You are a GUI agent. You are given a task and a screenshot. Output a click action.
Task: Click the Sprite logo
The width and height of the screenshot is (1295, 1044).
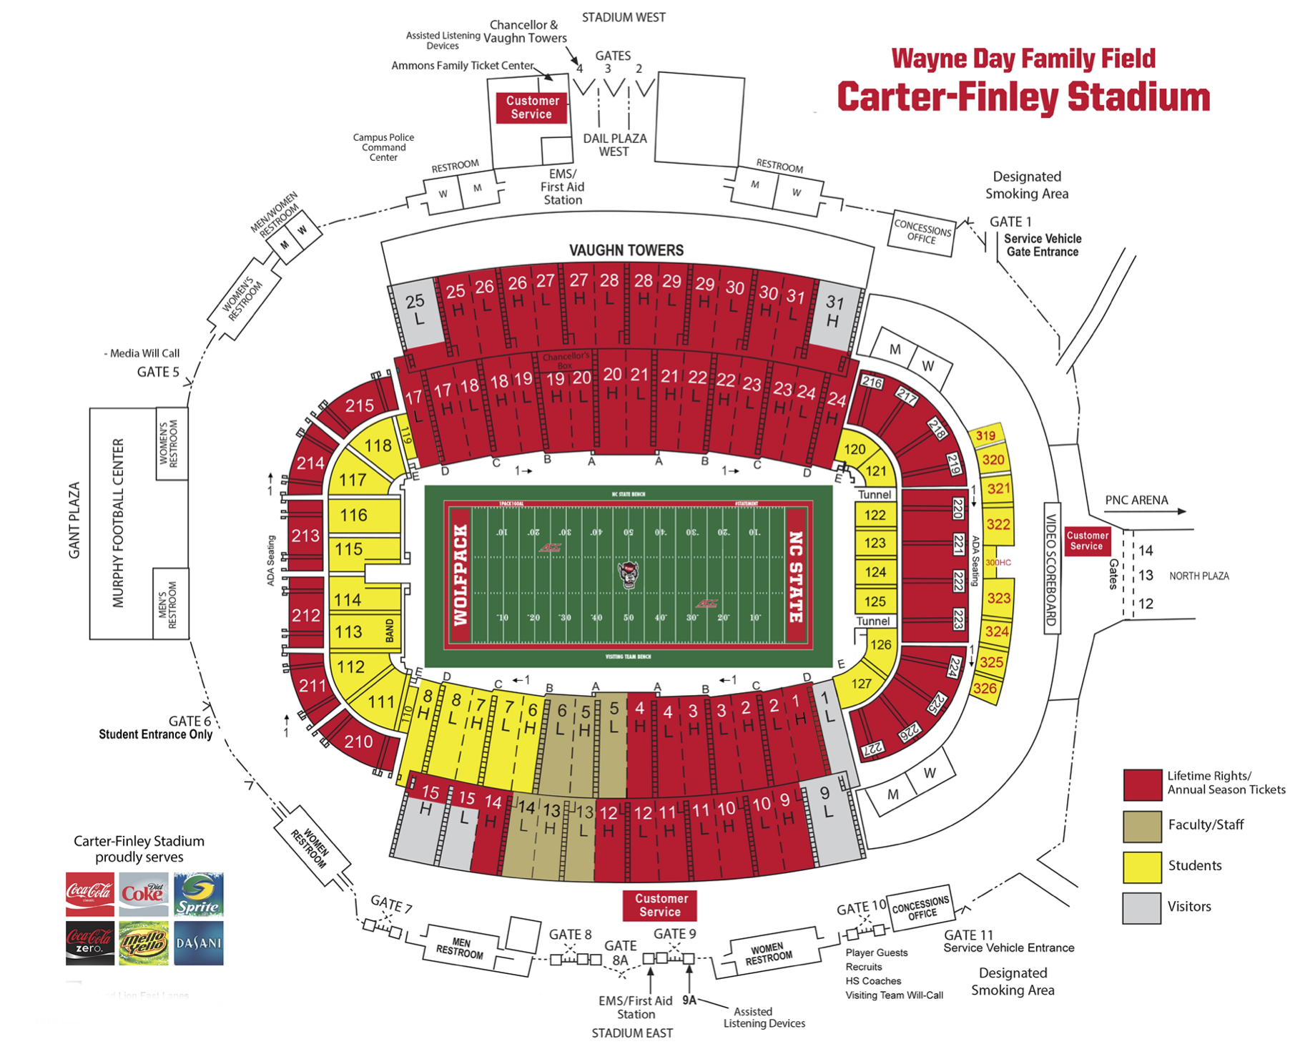tap(198, 894)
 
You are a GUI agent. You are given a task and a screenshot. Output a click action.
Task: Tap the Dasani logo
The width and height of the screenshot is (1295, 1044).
tap(198, 943)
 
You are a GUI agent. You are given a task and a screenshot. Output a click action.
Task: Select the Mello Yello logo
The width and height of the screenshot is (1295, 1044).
tap(143, 943)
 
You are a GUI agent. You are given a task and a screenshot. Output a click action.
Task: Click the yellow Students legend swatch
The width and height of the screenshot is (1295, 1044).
tap(1141, 867)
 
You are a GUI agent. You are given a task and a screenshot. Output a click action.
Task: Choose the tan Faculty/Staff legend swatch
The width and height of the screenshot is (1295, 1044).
tap(1141, 827)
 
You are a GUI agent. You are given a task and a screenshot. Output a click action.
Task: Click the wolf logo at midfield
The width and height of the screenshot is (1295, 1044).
tap(628, 574)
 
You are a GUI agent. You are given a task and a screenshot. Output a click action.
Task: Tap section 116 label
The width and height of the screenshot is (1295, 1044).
tap(353, 516)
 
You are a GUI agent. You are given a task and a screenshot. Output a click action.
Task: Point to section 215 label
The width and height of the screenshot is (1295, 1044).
tap(359, 406)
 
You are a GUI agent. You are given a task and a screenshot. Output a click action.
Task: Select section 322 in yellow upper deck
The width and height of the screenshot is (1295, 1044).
tap(998, 524)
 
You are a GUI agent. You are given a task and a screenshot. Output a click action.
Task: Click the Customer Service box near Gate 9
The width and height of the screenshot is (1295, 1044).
tap(660, 905)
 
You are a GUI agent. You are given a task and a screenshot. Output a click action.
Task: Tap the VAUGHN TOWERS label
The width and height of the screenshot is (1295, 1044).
tap(626, 250)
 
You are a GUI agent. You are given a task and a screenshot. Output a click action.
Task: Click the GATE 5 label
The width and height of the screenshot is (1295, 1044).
tap(158, 372)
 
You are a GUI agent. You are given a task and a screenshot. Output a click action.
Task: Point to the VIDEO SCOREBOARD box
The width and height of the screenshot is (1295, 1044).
tap(1051, 569)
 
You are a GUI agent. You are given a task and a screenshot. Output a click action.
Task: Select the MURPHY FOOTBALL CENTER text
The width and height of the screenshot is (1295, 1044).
tap(119, 523)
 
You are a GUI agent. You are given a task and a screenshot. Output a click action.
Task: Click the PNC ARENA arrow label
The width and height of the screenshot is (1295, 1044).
tap(1136, 501)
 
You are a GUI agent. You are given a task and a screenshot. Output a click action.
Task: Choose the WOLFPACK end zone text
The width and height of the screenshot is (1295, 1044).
tap(460, 575)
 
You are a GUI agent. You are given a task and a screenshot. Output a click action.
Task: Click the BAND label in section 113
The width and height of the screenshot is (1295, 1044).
tap(390, 631)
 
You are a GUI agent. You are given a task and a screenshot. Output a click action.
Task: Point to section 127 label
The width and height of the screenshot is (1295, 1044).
tap(861, 684)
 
